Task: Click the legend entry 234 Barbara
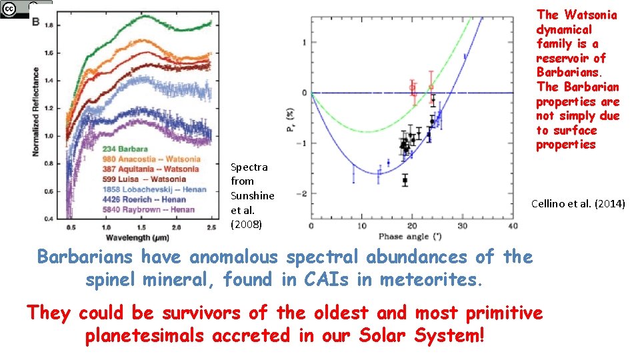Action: click(x=126, y=149)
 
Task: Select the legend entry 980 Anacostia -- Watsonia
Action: click(x=151, y=159)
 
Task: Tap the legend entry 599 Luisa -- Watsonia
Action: click(x=145, y=179)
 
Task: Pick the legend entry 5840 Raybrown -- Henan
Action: click(x=149, y=209)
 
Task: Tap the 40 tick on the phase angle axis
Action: click(x=512, y=227)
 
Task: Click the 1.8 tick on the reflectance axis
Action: click(x=49, y=25)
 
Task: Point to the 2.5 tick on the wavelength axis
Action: click(x=209, y=228)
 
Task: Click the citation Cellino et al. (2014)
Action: click(x=578, y=203)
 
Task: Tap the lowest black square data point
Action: click(x=405, y=180)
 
